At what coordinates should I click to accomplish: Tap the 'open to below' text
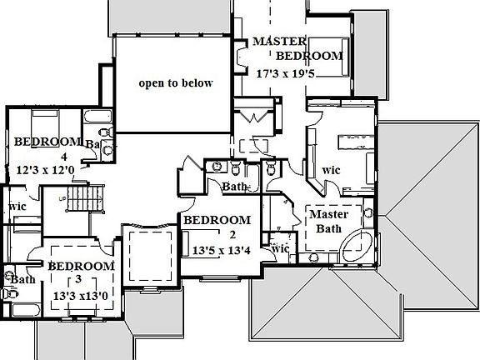(176, 82)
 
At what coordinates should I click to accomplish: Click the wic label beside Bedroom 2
(279, 247)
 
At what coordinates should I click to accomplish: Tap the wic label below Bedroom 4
(16, 206)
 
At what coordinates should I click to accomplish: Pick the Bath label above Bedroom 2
(234, 187)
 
